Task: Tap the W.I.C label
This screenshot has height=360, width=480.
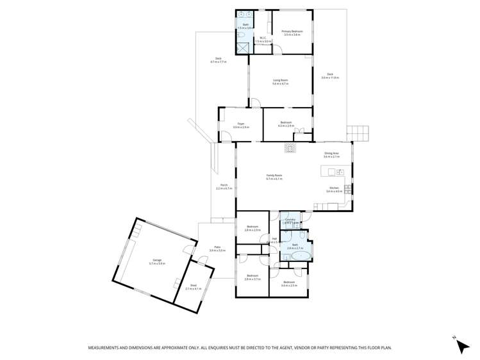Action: click(261, 40)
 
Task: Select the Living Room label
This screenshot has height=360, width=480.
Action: click(280, 82)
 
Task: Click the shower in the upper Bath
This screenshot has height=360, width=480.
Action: click(243, 47)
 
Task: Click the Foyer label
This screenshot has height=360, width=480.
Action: click(241, 126)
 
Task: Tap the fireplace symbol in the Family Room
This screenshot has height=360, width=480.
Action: click(290, 148)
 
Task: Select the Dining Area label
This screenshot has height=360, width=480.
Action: click(331, 154)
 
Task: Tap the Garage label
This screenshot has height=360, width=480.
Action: click(157, 262)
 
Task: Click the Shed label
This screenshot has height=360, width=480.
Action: click(193, 288)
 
